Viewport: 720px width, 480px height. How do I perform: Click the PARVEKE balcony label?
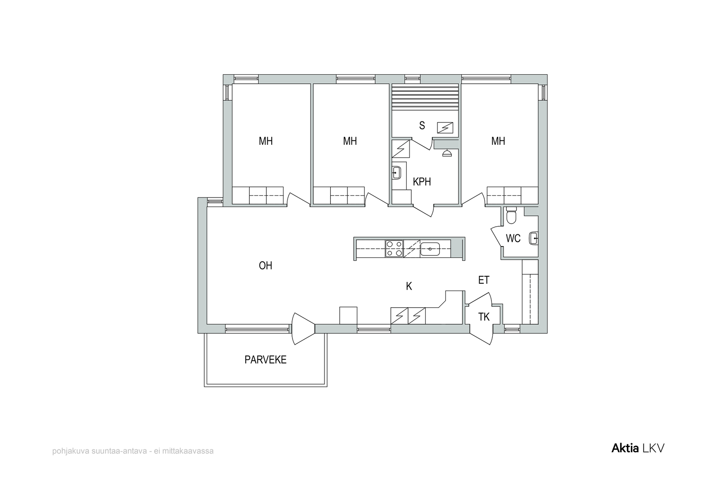[265, 360]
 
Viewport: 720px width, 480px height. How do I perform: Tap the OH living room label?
[265, 266]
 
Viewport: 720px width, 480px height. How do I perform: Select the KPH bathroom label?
[422, 182]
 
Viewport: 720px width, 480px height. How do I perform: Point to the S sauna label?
[422, 126]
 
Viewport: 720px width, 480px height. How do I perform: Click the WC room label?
[513, 238]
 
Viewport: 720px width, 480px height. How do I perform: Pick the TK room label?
[484, 317]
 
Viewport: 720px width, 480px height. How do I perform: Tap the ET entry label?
[484, 280]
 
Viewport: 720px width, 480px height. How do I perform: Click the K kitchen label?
[409, 286]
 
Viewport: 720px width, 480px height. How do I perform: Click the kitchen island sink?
[430, 249]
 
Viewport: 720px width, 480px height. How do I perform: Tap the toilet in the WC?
[511, 215]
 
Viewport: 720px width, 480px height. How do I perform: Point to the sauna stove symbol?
[445, 128]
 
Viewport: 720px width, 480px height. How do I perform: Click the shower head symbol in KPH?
[447, 153]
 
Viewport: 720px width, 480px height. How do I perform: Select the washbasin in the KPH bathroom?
[396, 173]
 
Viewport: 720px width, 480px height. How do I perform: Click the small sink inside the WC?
[534, 239]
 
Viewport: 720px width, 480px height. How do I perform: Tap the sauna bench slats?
[425, 97]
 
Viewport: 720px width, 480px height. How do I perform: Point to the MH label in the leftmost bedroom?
[265, 141]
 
